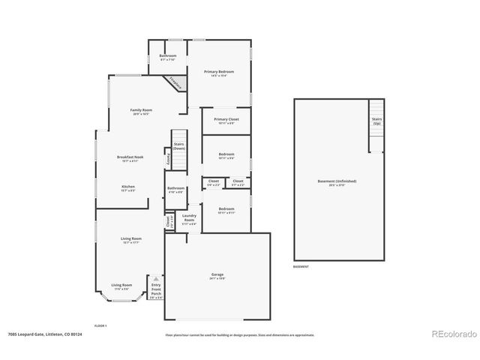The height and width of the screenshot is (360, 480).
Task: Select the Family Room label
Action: [x=141, y=111]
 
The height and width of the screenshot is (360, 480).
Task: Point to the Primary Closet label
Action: [x=226, y=121]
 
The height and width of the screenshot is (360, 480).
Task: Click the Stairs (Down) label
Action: [x=178, y=146]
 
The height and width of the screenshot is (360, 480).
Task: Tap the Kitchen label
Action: [x=128, y=188]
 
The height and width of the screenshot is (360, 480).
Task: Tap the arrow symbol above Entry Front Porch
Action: [x=156, y=277]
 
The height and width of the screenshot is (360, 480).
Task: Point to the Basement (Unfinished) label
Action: [x=337, y=181]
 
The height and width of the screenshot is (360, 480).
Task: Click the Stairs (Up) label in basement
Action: [x=376, y=121]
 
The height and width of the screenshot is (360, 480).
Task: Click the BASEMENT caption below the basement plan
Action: [x=300, y=266]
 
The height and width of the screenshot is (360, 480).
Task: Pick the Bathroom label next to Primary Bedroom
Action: [x=168, y=58]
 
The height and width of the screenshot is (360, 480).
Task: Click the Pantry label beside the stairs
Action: [x=167, y=159]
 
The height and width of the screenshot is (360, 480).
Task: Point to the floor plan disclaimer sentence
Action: [x=240, y=335]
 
